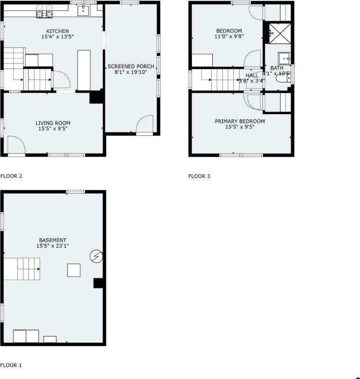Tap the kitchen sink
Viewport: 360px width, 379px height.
click(83, 10)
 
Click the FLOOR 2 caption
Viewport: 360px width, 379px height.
click(12, 176)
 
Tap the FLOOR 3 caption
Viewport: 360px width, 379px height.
click(199, 176)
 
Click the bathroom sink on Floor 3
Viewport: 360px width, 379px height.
click(285, 58)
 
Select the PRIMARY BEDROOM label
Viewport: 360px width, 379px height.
click(240, 121)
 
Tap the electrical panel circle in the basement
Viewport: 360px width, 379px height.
click(96, 257)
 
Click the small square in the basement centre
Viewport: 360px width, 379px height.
click(74, 270)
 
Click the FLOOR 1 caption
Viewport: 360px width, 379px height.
click(12, 366)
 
